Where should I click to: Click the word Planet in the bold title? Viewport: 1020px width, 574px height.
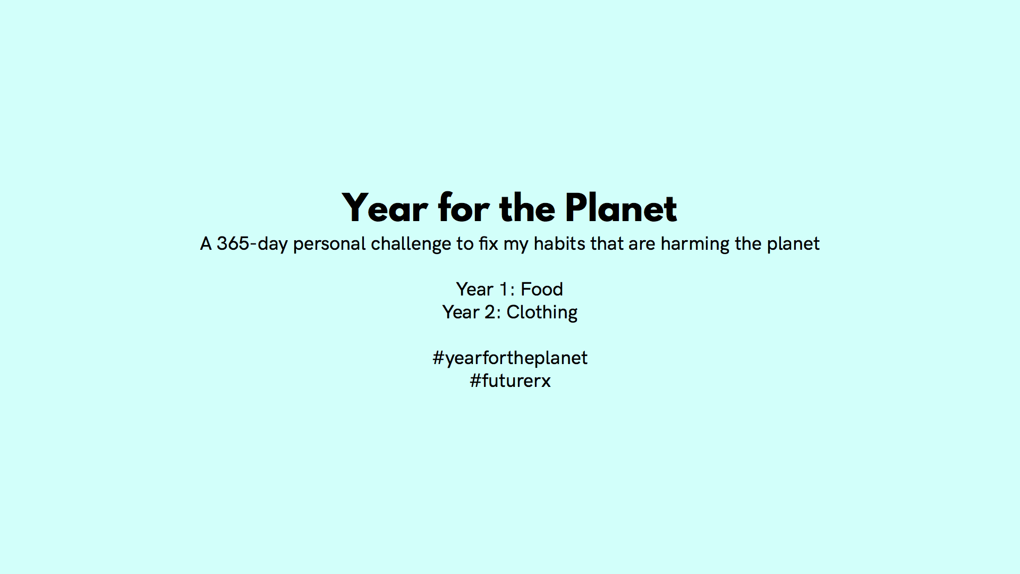[621, 208]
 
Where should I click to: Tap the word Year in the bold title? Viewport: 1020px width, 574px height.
[385, 208]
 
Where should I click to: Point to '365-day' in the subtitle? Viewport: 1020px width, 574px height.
[252, 244]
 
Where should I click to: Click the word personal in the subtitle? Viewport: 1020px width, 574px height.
[329, 244]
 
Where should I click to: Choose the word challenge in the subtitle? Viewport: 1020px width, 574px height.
[411, 244]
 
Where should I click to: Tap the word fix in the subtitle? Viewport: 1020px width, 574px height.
[488, 243]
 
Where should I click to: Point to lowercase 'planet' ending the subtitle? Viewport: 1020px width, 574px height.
[793, 244]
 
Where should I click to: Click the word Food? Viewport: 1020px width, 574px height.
[542, 289]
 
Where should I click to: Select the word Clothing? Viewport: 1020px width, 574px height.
[542, 313]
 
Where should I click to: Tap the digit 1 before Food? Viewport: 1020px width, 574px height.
[504, 290]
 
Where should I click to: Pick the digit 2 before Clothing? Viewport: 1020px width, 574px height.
[490, 313]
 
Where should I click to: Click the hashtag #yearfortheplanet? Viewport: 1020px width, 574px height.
[510, 358]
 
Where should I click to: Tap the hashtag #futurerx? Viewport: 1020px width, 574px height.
[510, 381]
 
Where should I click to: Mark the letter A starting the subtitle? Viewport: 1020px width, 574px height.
[206, 244]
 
